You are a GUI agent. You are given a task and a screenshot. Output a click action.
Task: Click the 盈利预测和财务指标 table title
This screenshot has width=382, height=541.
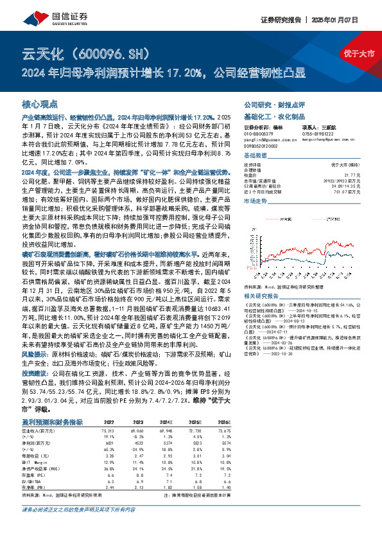52,421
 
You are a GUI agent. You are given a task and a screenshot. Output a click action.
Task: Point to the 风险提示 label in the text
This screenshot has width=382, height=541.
34,353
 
